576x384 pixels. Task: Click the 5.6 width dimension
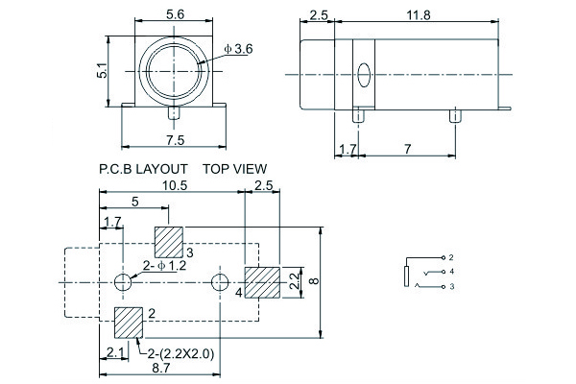175,13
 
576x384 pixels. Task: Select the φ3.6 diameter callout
237,48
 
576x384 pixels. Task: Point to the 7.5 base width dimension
175,140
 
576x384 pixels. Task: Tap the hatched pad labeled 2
128,322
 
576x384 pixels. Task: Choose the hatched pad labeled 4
262,282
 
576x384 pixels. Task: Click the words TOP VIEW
234,168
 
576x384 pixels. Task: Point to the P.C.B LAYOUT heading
141,168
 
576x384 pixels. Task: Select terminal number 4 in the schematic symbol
451,272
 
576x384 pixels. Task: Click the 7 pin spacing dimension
406,150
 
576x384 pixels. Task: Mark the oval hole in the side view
363,75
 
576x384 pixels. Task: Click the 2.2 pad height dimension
294,281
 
